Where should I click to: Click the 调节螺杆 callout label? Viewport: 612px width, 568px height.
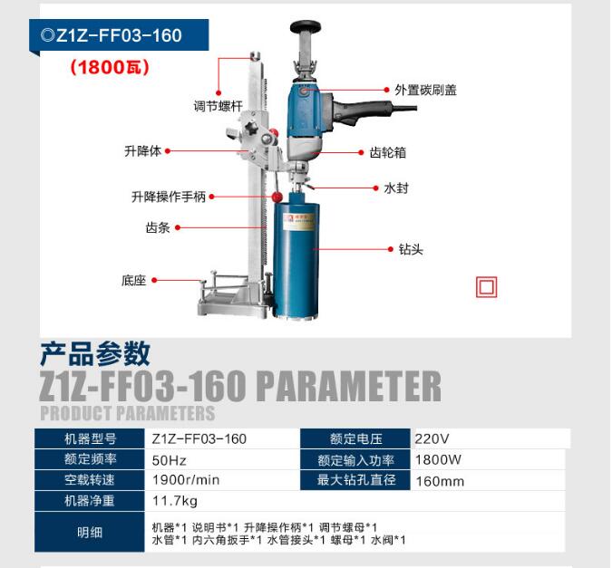219,106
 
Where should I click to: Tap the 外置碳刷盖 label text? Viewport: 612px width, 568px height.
425,90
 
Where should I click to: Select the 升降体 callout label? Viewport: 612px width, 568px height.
142,151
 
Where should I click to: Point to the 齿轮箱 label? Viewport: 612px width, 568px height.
387,152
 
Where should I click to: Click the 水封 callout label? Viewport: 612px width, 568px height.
396,188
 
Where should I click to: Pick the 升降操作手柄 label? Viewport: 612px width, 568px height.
169,197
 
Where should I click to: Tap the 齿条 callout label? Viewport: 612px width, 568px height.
158,227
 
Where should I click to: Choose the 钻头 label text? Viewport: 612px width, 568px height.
411,249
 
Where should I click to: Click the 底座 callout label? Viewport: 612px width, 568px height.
133,280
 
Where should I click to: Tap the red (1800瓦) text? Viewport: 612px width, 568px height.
110,67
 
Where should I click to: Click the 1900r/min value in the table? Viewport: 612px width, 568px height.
186,480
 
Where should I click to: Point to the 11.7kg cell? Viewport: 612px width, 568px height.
174,501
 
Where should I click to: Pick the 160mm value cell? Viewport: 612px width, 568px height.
440,481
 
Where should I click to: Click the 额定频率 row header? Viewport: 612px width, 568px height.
90,459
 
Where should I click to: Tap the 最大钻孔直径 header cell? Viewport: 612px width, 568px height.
355,480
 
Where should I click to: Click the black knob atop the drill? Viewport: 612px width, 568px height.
306,27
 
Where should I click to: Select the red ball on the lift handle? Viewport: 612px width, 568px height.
277,197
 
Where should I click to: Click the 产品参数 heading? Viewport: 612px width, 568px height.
95,353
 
